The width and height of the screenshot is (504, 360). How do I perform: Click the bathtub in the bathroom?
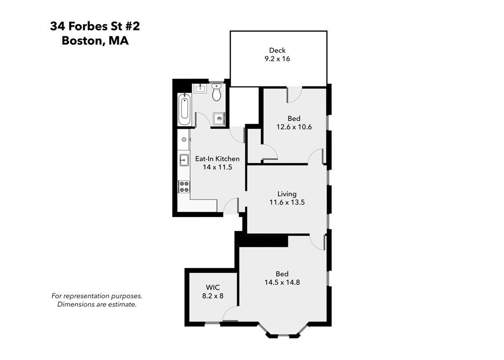[x=185, y=110]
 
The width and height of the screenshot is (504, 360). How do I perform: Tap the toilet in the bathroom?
[x=217, y=92]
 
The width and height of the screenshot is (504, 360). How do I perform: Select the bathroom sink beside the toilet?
[x=200, y=89]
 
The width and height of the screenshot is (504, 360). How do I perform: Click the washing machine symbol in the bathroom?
[x=219, y=119]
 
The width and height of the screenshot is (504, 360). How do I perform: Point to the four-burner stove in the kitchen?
[x=184, y=186]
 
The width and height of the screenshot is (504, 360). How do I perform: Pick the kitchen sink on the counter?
[x=184, y=159]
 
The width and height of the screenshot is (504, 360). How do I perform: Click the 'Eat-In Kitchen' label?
[x=217, y=159]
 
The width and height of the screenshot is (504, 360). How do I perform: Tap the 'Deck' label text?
[x=277, y=50]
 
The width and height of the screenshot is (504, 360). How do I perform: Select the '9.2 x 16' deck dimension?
[x=277, y=59]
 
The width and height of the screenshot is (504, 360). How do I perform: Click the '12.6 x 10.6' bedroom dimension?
[x=294, y=127]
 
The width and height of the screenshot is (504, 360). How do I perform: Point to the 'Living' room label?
[x=286, y=194]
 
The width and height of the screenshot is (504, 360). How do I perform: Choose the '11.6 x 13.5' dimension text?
[x=286, y=202]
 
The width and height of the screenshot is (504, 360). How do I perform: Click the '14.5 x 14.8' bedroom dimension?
[x=282, y=282]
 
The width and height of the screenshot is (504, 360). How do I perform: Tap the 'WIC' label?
[x=213, y=287]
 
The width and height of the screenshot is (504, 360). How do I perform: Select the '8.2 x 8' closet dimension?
[x=213, y=296]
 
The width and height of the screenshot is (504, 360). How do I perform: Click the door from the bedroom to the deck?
[x=294, y=94]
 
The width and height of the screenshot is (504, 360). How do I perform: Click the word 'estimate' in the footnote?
[x=122, y=304]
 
